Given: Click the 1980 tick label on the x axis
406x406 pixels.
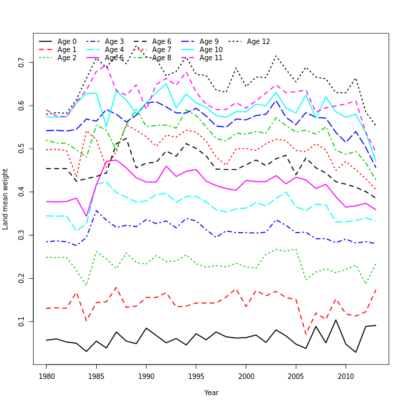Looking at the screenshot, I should coord(47,376).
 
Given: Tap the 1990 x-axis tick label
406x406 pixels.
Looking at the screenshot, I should coord(146,376).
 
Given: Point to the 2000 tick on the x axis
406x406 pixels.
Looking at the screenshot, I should coord(246,376).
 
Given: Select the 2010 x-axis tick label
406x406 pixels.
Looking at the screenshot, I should coord(346,376).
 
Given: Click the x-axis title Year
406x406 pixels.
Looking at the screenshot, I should coord(211,392).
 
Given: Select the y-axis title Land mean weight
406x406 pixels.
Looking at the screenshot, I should coord(6,199).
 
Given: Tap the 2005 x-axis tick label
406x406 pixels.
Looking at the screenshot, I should coord(296,376).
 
